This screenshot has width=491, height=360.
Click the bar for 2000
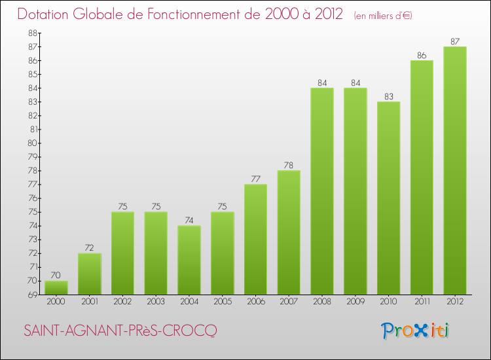(56, 288)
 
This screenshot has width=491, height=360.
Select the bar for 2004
(189, 260)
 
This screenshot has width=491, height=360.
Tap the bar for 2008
(322, 191)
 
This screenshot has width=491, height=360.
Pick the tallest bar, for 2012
(455, 171)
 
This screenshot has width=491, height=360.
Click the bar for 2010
(389, 198)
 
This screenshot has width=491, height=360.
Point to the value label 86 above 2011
(422, 56)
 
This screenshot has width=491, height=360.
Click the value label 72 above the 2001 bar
(89, 248)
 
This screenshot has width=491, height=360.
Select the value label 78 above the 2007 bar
(289, 166)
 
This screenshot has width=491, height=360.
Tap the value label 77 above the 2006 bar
(255, 179)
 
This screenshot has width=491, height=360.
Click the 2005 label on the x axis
(223, 302)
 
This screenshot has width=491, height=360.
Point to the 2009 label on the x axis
(355, 302)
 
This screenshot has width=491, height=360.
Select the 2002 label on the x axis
(122, 302)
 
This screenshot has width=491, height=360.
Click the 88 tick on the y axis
(33, 33)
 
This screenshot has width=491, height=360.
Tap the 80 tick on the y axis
(33, 143)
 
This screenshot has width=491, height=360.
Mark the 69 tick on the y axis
(33, 295)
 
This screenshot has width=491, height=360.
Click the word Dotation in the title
(43, 14)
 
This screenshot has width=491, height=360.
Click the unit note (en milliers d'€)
(383, 15)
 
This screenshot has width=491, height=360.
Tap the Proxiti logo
(415, 331)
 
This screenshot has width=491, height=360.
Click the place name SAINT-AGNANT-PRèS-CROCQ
(120, 331)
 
